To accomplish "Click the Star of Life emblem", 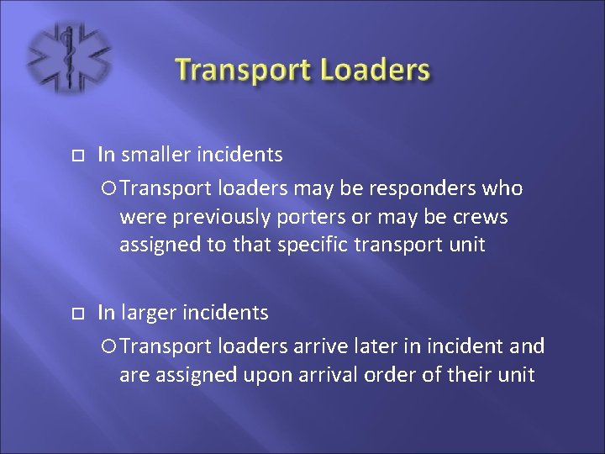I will click(x=68, y=58).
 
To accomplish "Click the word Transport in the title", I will click(x=245, y=70).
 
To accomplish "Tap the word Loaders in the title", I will click(x=376, y=70).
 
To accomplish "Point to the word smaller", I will click(x=158, y=155).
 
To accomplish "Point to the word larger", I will click(x=152, y=313).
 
